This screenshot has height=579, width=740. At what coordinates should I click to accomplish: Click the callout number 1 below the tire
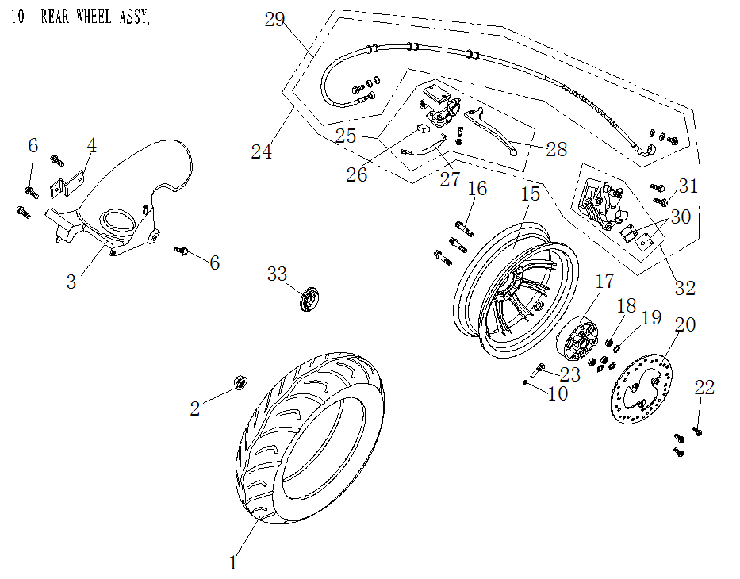pos(233,563)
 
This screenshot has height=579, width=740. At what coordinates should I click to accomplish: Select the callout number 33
pos(277,274)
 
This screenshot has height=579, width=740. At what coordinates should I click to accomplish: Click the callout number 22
pos(704,387)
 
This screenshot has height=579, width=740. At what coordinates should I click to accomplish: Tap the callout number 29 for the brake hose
pos(274,20)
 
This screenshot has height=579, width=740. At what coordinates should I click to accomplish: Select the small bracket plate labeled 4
pos(61,187)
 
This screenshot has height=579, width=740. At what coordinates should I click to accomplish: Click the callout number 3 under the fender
pos(71,281)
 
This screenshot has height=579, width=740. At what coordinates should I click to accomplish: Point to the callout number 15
pos(530,194)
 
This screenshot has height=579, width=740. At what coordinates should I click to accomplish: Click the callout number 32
pos(684,288)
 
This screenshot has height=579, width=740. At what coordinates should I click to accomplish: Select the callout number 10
pos(558,393)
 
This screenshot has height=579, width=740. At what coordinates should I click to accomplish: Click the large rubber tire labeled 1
pos(309,440)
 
